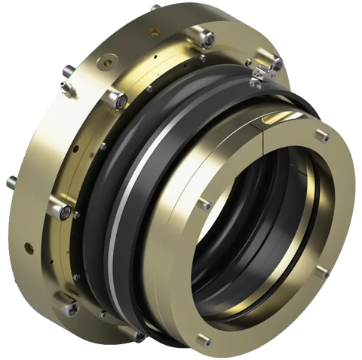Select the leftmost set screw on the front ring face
205,204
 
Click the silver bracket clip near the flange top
265,70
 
